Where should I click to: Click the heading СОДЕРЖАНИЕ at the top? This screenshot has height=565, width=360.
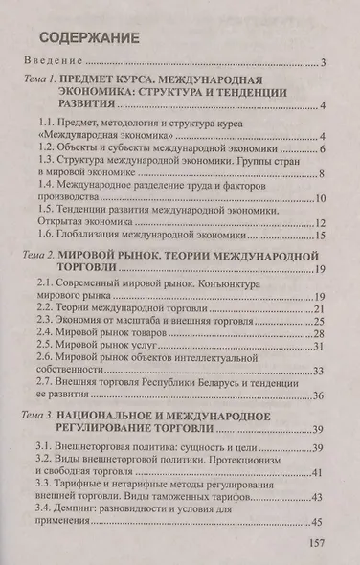[91, 39]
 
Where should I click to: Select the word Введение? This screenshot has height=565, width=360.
[61, 65]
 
